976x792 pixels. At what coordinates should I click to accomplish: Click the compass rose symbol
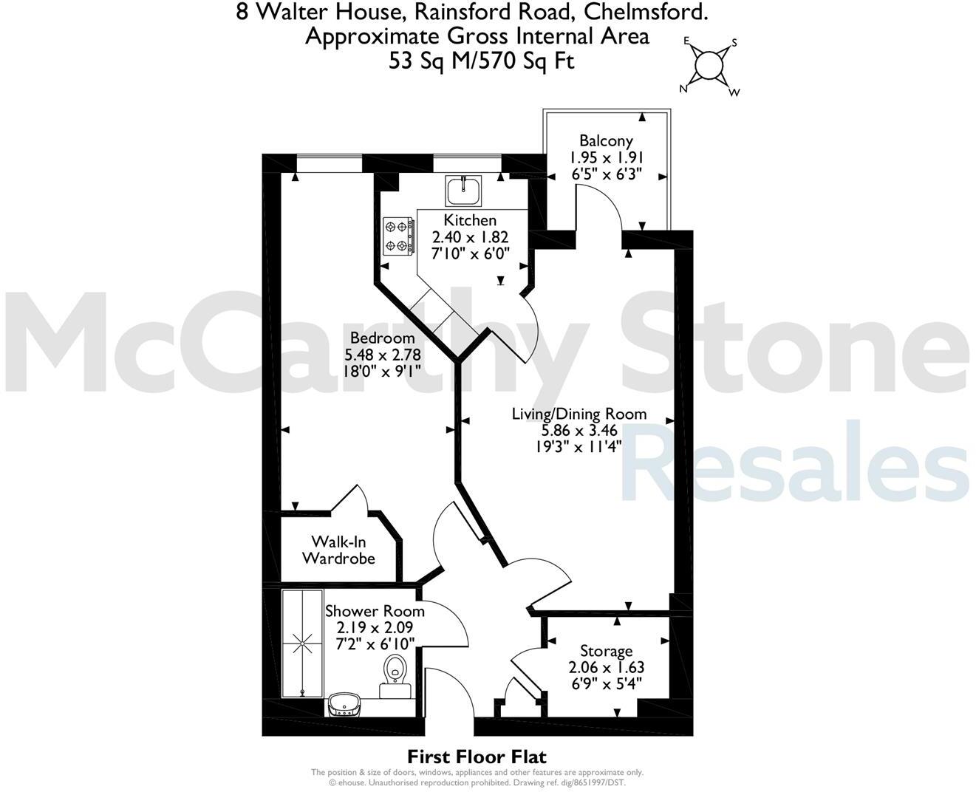[709, 66]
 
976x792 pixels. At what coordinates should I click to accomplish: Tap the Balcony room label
[606, 140]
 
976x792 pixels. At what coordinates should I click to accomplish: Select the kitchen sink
[463, 191]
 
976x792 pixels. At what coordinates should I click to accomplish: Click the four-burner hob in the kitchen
[397, 236]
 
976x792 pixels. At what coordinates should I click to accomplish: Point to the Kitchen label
[470, 220]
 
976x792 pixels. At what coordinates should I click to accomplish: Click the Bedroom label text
[383, 338]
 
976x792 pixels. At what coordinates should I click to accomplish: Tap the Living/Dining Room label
[579, 414]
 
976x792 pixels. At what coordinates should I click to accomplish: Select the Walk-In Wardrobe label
[338, 550]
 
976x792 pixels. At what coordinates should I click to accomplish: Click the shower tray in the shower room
[302, 643]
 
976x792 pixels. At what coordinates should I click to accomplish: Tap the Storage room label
[606, 651]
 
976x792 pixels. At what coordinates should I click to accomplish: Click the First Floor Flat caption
[477, 757]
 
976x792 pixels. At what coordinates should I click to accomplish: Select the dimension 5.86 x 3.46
[579, 430]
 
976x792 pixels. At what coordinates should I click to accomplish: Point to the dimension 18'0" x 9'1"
[383, 371]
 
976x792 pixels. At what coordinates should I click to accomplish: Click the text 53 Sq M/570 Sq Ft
[481, 61]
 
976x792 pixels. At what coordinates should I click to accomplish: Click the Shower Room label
[375, 611]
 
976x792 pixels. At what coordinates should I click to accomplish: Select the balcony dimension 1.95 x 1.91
[606, 157]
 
